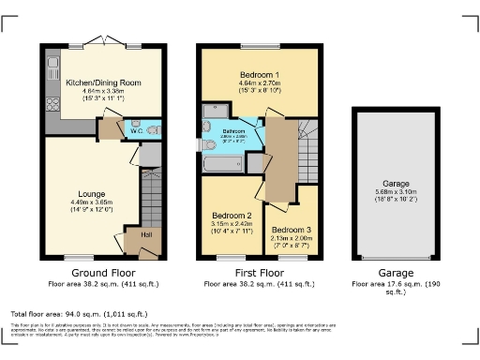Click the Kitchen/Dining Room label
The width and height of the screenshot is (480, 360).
(x=103, y=82)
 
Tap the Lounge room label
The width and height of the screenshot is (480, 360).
(x=92, y=192)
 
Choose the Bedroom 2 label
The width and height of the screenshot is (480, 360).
(x=231, y=215)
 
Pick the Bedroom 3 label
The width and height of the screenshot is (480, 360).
(x=291, y=230)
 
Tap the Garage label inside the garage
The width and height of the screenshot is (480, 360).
(x=395, y=185)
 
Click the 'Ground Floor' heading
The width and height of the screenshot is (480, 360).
(x=91, y=272)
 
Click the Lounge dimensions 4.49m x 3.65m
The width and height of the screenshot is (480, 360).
(x=92, y=203)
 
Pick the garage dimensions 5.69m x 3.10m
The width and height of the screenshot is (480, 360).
(x=395, y=194)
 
